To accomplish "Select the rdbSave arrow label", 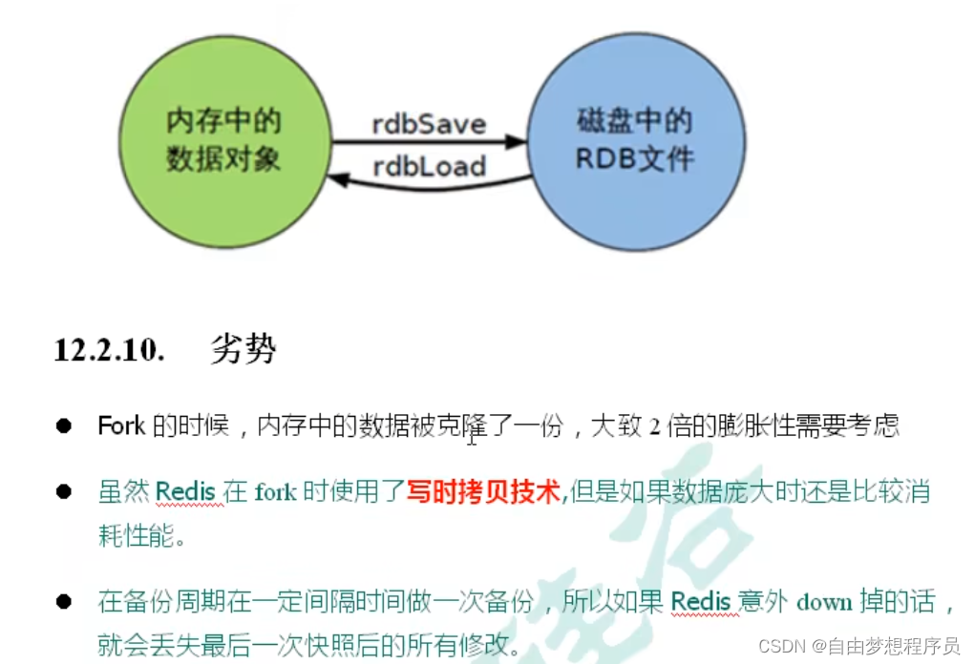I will (x=429, y=124).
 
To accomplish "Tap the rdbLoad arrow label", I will (x=429, y=166).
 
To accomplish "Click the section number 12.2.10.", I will (x=109, y=350).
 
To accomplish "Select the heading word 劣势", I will (x=243, y=350).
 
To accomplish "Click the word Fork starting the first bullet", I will (x=121, y=425).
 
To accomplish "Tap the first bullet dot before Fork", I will (x=64, y=425).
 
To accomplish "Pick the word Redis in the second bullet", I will (x=187, y=492).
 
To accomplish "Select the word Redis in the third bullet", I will (x=701, y=602).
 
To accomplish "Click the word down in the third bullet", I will (x=823, y=602).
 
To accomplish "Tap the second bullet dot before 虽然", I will (x=64, y=492).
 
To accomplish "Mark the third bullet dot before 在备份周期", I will (x=64, y=602).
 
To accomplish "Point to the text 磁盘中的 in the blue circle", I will (x=634, y=122).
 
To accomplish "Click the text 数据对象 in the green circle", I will (x=224, y=158).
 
